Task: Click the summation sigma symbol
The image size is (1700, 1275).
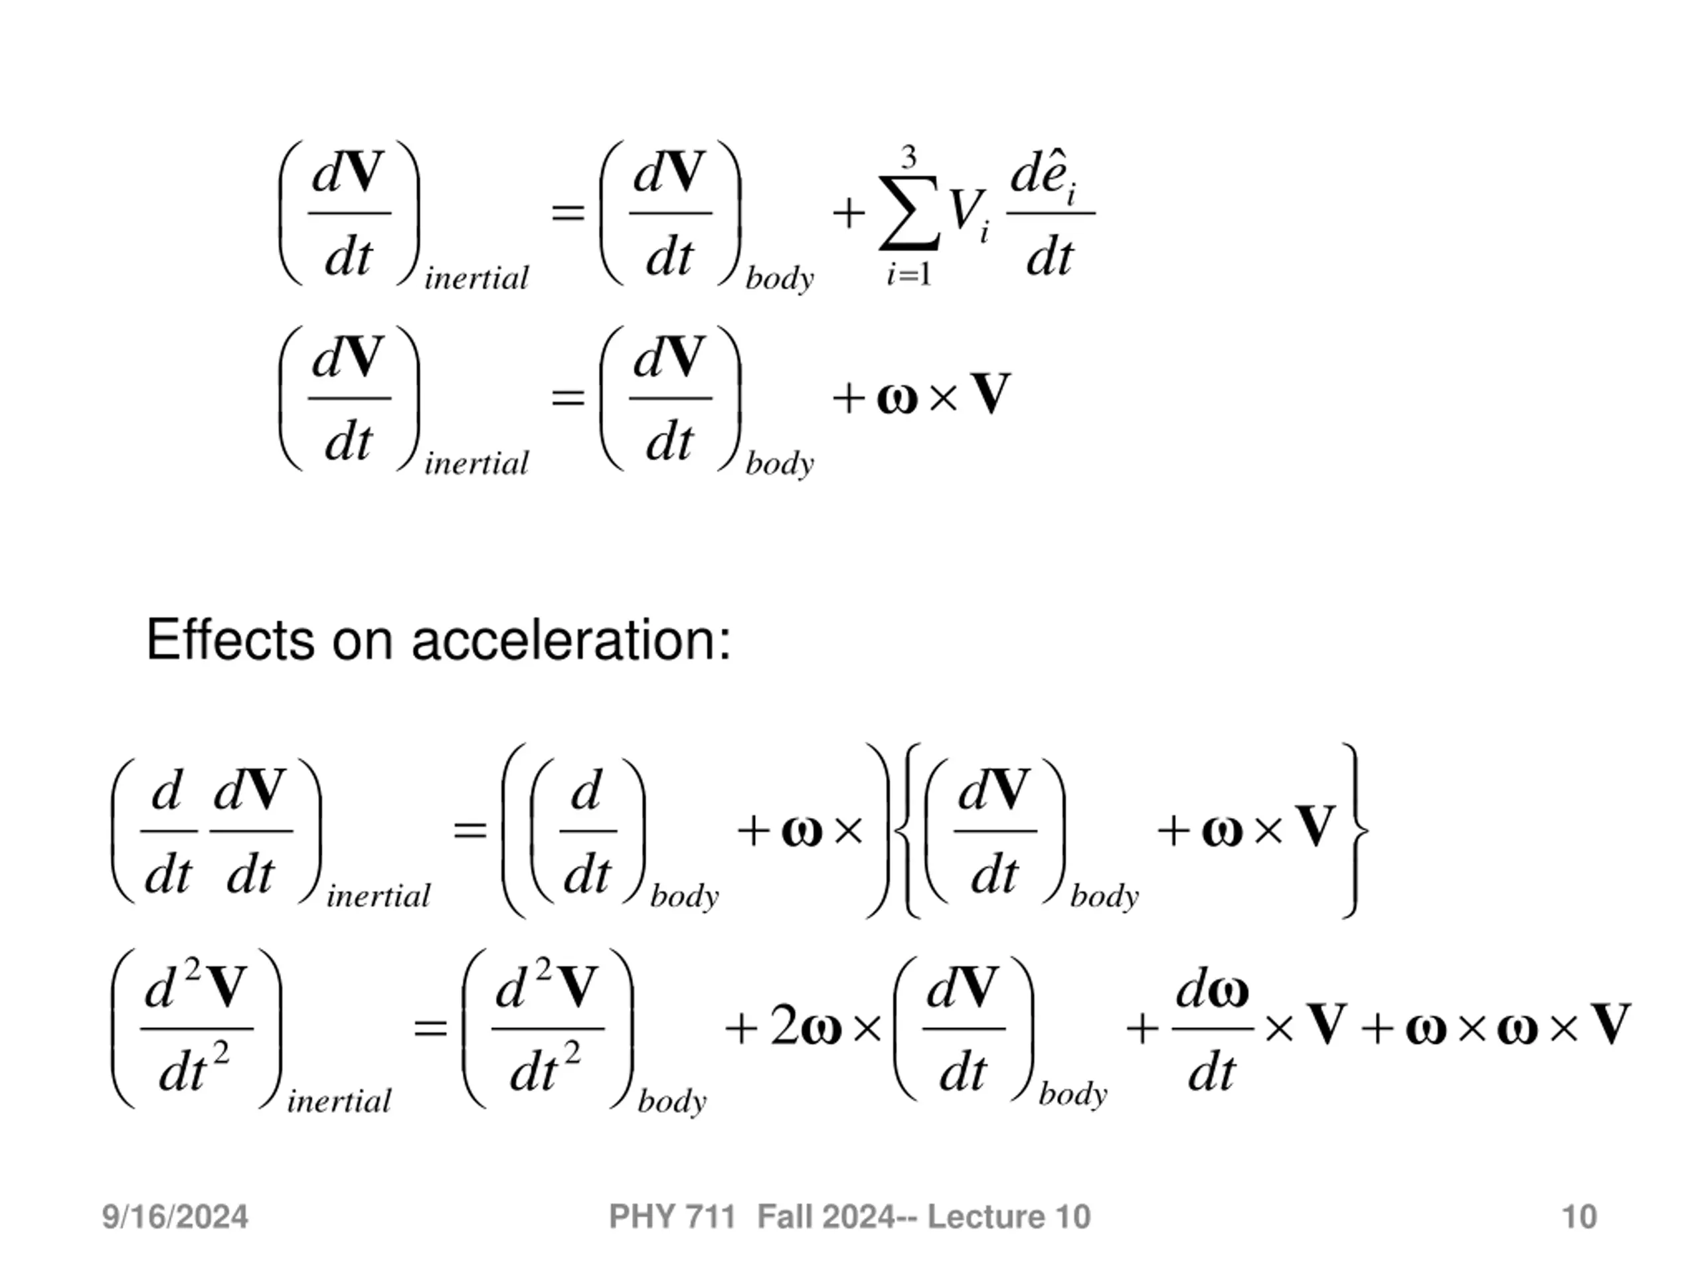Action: pyautogui.click(x=909, y=213)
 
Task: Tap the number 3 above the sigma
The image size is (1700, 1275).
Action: pyautogui.click(x=909, y=158)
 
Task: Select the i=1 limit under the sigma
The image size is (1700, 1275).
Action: pyautogui.click(x=909, y=274)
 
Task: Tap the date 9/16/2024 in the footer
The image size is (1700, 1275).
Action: pyautogui.click(x=175, y=1217)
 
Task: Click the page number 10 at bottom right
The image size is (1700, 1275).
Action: pyautogui.click(x=1579, y=1217)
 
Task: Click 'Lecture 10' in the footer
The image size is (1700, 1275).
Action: pyautogui.click(x=1009, y=1217)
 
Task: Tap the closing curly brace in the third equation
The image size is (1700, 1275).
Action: pyautogui.click(x=1357, y=830)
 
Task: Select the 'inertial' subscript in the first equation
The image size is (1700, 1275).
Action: pyautogui.click(x=477, y=278)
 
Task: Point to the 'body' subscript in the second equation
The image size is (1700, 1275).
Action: pyautogui.click(x=780, y=464)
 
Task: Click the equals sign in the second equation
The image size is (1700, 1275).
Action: pyautogui.click(x=568, y=397)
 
